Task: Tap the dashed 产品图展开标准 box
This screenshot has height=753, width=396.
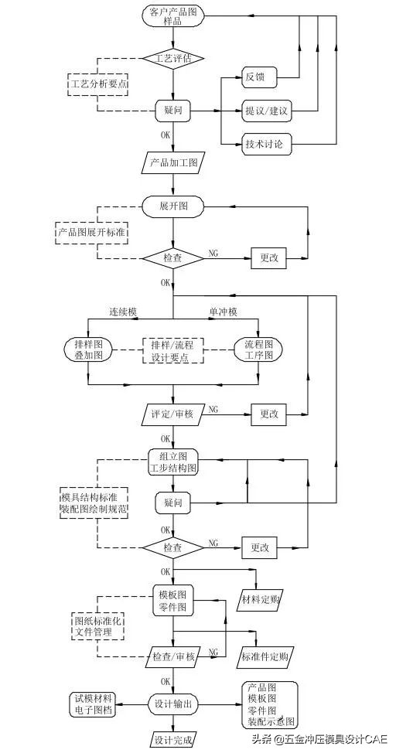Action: tap(91, 232)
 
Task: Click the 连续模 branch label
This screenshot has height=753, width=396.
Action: tap(122, 312)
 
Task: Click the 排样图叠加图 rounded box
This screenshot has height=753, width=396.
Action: tap(88, 350)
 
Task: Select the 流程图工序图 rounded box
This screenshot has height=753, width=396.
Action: tap(258, 350)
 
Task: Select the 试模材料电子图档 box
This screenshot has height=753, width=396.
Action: tap(91, 704)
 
